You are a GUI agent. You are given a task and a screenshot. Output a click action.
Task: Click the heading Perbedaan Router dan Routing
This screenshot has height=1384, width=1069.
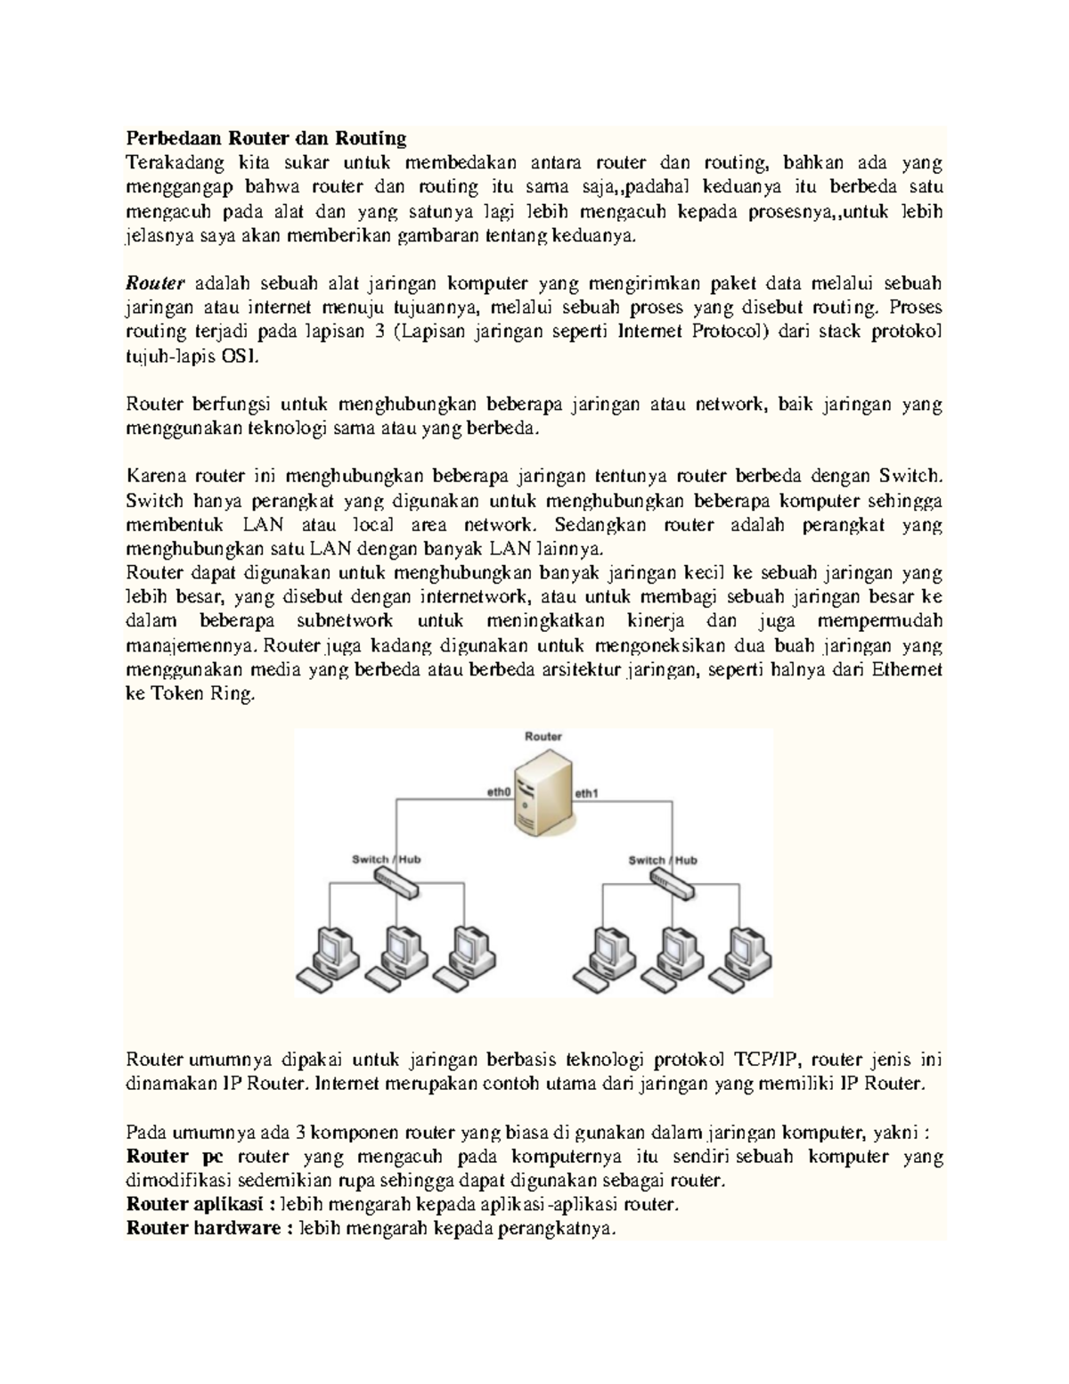(x=265, y=138)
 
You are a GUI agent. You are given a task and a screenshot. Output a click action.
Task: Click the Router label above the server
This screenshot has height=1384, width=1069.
(x=543, y=736)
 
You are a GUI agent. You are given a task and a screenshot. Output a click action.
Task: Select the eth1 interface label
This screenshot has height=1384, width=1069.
(x=586, y=791)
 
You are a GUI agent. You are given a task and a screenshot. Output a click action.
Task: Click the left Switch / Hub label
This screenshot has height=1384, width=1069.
(x=386, y=859)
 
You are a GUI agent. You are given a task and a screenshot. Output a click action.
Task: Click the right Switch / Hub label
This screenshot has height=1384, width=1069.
(x=662, y=859)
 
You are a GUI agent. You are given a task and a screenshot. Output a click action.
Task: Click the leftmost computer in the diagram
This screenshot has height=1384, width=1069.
(x=329, y=957)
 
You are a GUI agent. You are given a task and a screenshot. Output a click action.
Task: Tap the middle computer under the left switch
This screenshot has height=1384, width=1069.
(x=398, y=957)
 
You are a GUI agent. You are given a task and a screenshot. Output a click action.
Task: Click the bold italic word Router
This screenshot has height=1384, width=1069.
(x=154, y=283)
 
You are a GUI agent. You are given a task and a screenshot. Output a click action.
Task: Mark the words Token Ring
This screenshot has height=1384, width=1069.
(x=200, y=693)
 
